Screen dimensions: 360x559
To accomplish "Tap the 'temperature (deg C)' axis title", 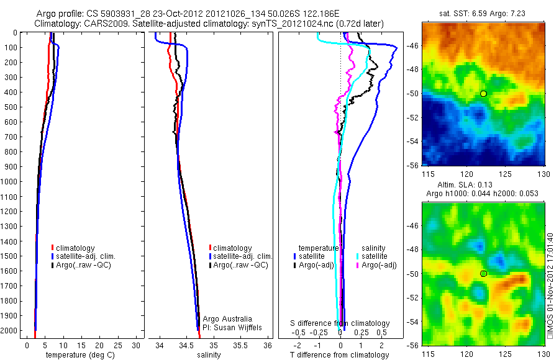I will pyautogui.click(x=78, y=355).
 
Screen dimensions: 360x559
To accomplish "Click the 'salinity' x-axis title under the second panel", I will pyautogui.click(x=209, y=355).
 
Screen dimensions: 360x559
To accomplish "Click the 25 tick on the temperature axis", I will pyautogui.click(x=118, y=345).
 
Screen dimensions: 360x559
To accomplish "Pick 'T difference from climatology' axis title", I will pyautogui.click(x=340, y=355).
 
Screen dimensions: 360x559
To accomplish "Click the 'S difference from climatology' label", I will pyautogui.click(x=340, y=323).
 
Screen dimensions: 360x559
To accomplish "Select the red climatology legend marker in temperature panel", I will pyautogui.click(x=53, y=248).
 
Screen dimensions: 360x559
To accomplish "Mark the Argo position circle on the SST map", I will pyautogui.click(x=483, y=93).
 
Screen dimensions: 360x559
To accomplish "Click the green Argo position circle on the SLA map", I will pyautogui.click(x=483, y=273).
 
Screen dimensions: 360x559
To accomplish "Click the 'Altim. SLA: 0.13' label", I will pyautogui.click(x=464, y=186).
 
